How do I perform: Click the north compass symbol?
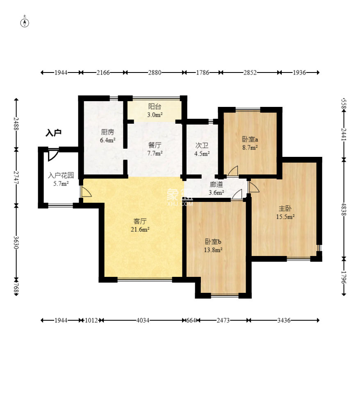click(x=25, y=23)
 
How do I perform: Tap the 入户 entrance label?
click(x=54, y=133)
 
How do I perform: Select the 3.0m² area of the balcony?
click(x=155, y=115)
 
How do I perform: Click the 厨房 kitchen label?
click(x=107, y=132)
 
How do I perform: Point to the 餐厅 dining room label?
click(x=155, y=145)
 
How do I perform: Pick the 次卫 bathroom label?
click(x=202, y=145)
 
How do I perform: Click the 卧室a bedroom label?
click(x=250, y=139)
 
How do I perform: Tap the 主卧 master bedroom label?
click(x=285, y=208)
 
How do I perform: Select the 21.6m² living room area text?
click(x=140, y=229)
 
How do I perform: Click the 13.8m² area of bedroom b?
click(x=213, y=250)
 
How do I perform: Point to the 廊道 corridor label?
click(x=216, y=184)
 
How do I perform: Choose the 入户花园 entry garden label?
click(x=61, y=175)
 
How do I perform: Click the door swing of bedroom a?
click(x=233, y=171)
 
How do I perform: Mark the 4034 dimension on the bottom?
click(x=143, y=320)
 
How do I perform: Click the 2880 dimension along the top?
click(x=155, y=72)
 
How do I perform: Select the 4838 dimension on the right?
click(x=344, y=209)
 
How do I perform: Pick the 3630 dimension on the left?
click(x=16, y=242)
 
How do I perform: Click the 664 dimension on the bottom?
click(x=191, y=320)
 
